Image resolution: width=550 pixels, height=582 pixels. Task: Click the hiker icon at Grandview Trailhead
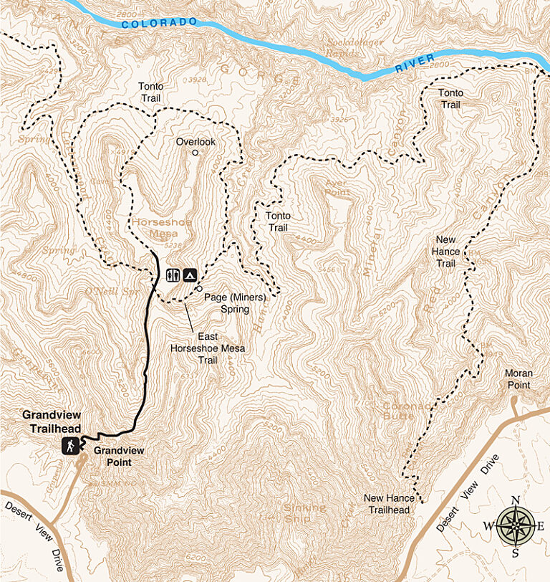point(70,446)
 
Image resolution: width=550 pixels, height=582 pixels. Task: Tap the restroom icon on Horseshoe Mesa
point(173,275)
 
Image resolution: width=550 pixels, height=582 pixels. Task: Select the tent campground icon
point(190,275)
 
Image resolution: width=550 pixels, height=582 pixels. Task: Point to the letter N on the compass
point(515,501)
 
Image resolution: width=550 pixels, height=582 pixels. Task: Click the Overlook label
point(196,142)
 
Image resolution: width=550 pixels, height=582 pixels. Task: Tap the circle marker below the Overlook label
point(196,153)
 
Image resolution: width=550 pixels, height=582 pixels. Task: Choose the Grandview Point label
point(119,456)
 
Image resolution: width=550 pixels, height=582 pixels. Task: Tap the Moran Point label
point(518,379)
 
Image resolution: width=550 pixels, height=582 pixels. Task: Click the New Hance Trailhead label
point(387,504)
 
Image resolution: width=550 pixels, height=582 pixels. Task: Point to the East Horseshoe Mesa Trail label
point(207,348)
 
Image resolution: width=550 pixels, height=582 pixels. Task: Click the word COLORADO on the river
point(158,24)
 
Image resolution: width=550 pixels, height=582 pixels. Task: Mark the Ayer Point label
point(337,188)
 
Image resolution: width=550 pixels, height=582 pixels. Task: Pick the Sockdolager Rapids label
point(353,47)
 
